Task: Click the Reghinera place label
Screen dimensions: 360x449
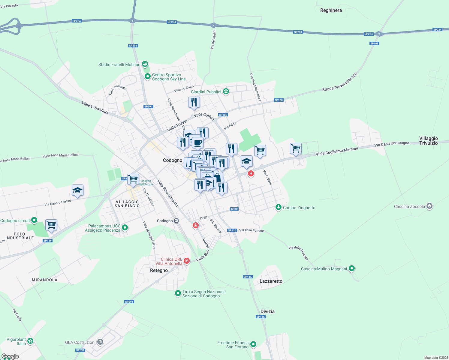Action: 331,10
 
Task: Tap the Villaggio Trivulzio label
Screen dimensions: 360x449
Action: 428,141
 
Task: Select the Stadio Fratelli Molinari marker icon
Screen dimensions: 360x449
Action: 145,64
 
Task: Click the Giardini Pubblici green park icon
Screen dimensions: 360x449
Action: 226,91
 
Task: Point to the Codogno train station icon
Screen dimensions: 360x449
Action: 176,221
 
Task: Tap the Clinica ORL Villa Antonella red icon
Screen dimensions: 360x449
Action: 187,261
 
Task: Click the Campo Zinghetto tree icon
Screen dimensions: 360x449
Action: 279,207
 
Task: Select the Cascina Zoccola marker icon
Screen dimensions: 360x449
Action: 429,206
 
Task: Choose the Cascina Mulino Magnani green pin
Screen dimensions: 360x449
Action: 352,268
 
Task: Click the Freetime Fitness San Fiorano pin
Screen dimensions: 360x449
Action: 253,344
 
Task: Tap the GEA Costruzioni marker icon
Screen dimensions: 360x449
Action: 100,342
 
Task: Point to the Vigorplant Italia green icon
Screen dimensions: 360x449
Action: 30,341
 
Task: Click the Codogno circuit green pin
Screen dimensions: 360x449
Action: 34,220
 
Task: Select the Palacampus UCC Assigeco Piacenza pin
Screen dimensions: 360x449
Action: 125,228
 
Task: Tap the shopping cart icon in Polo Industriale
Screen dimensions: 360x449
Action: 51,225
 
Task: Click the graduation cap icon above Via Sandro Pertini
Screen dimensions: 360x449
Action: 77,190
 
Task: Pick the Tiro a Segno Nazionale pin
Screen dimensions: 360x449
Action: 178,293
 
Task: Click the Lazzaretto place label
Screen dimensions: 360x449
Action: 271,281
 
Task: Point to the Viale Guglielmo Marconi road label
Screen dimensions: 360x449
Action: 337,151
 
